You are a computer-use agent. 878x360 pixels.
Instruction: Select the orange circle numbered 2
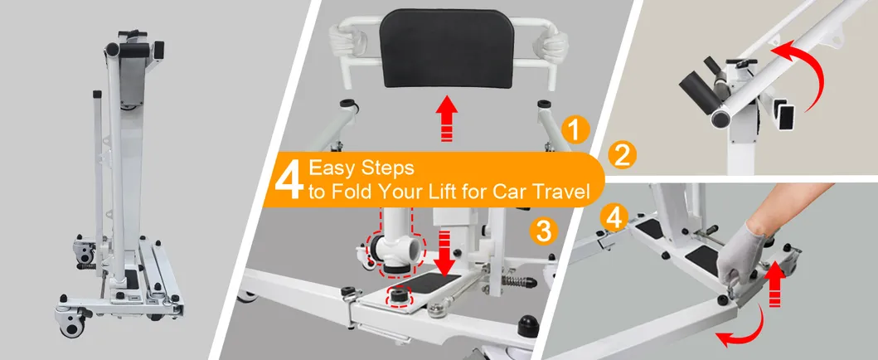point(622,156)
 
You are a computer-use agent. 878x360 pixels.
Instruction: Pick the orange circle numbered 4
point(614,218)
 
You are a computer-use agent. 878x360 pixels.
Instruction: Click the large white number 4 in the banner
point(289,180)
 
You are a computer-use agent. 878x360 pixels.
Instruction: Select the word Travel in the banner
point(564,192)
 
